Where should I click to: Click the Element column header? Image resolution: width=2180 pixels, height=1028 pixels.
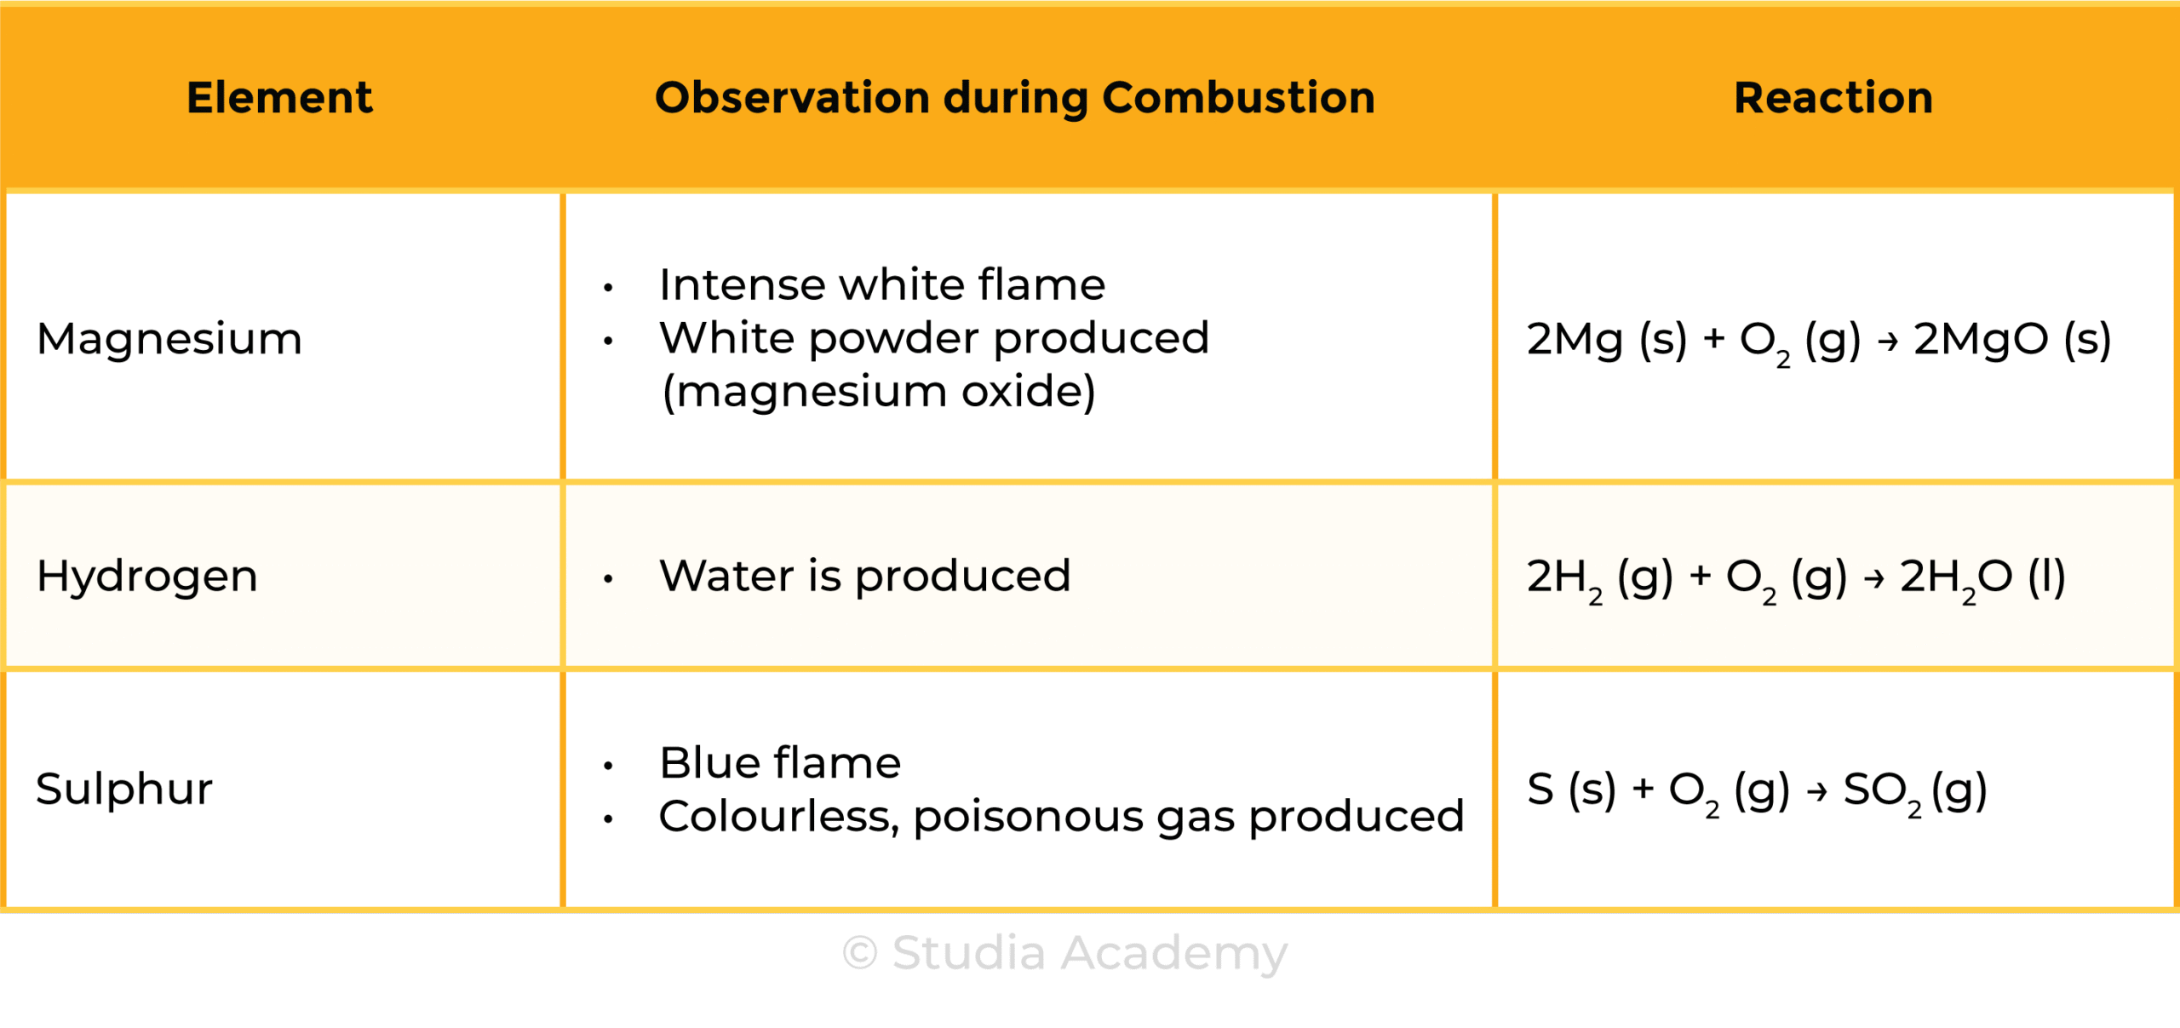tap(279, 97)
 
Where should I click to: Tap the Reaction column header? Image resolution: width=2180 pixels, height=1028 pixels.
tap(1833, 97)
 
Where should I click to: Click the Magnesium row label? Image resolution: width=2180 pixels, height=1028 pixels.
tap(169, 340)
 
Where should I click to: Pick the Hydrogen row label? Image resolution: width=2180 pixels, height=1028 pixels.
tap(147, 577)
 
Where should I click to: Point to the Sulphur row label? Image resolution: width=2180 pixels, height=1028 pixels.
tap(124, 788)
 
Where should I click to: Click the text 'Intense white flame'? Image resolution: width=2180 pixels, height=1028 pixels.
tap(882, 284)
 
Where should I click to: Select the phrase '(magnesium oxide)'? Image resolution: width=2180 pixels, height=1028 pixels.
tap(879, 392)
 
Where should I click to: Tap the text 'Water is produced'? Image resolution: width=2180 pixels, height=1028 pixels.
tap(864, 576)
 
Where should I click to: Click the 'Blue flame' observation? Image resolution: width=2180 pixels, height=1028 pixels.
tap(780, 762)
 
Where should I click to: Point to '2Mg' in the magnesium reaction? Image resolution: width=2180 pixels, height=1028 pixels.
tap(1575, 340)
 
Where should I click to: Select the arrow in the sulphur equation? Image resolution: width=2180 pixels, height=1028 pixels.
tap(1817, 791)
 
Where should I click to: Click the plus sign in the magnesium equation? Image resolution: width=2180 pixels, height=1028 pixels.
tap(1714, 340)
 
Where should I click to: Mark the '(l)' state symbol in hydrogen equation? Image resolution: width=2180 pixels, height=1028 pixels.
tap(2047, 577)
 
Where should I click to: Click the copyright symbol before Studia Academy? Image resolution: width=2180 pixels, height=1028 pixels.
tap(860, 952)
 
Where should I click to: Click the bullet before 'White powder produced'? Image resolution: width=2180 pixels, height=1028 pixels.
tap(608, 342)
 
